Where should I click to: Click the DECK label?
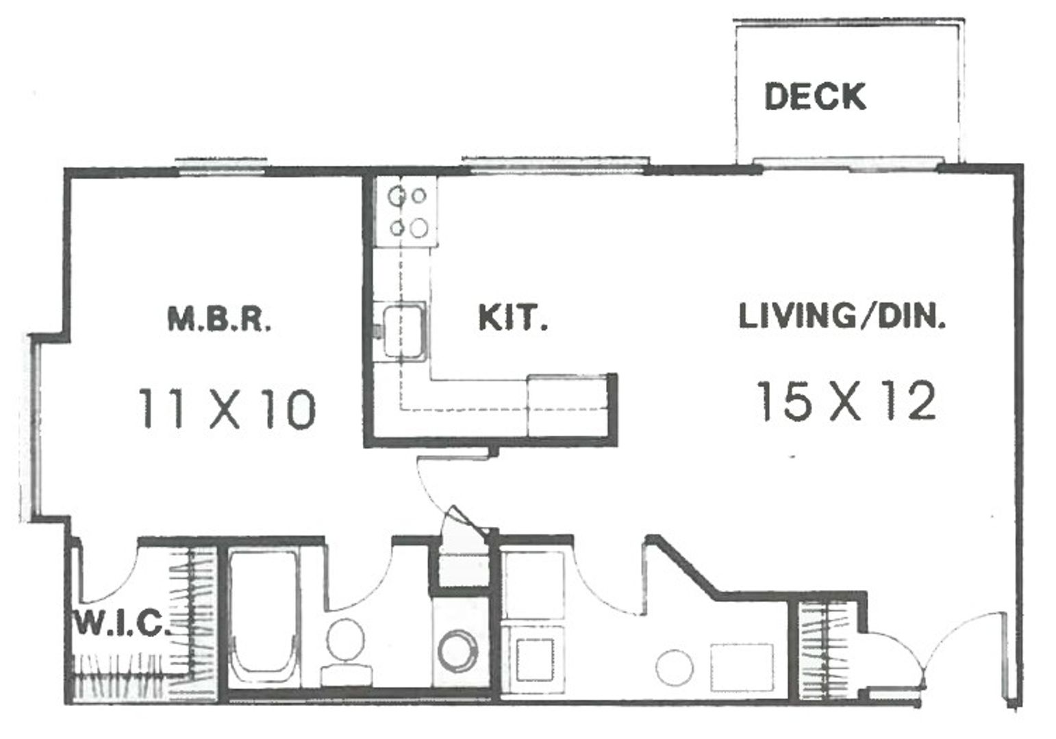point(814,96)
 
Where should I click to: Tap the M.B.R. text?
point(219,320)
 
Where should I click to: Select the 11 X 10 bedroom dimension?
point(227,409)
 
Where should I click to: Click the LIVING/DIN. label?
point(842,317)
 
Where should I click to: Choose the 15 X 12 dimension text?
point(846,402)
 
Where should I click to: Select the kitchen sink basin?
point(403,330)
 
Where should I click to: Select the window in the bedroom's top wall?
point(221,164)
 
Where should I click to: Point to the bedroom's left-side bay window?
point(34,426)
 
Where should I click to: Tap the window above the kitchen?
point(554,162)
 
